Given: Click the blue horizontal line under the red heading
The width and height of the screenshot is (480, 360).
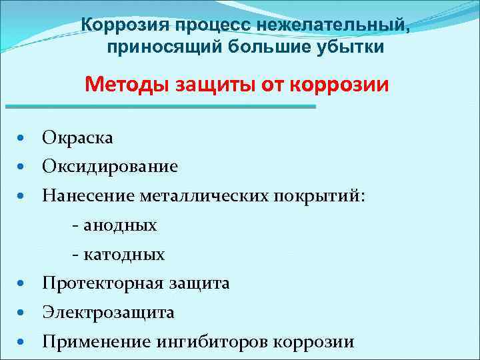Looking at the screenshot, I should pos(160,107).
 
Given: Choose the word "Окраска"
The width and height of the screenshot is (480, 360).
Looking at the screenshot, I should pos(77,137).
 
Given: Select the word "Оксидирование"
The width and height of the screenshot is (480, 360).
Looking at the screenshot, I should pos(110,166).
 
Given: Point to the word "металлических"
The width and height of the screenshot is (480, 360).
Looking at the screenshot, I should pos(204,195).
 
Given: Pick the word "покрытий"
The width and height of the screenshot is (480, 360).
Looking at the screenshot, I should pos(323,195).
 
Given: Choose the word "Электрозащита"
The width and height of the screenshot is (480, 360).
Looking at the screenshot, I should pos(108,313).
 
